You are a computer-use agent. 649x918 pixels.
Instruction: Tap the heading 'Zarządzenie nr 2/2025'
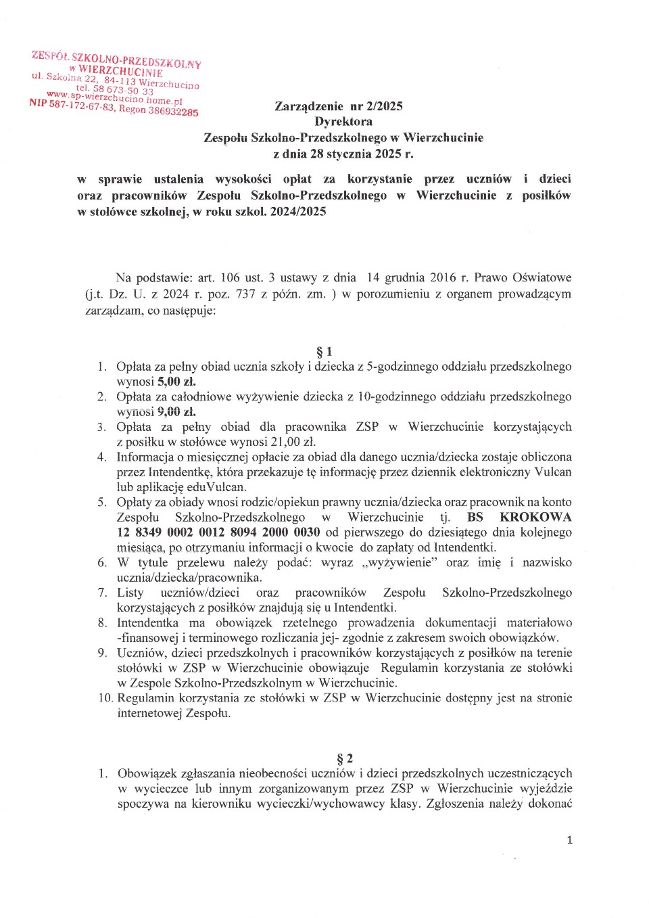pos(338,106)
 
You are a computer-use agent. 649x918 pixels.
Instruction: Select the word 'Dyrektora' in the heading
pos(343,122)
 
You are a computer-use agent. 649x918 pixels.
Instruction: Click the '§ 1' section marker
pos(324,352)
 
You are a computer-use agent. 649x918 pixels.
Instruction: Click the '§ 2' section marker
pos(345,759)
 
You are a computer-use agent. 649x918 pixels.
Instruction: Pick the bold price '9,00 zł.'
pos(176,412)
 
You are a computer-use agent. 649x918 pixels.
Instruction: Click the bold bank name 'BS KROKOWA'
pos(519,518)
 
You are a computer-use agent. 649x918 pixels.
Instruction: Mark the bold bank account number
pos(218,532)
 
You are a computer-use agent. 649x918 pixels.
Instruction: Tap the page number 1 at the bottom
pos(569,840)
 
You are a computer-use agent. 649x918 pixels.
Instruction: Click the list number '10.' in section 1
pos(106,698)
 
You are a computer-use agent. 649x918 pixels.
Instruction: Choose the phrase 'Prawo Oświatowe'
pos(523,278)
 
